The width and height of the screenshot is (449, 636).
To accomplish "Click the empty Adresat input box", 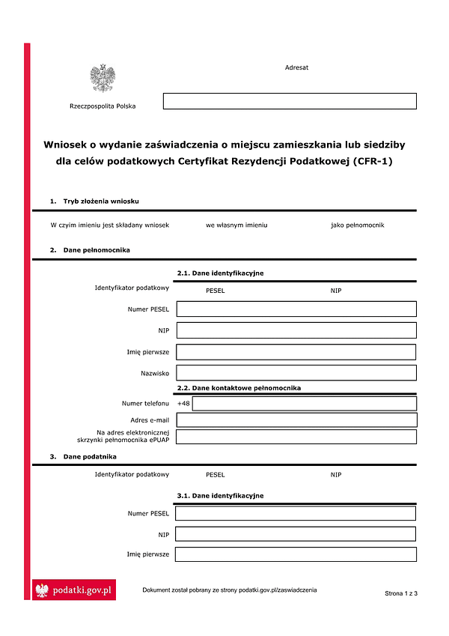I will coord(290,101).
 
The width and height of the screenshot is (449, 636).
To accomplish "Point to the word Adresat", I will coord(296,67).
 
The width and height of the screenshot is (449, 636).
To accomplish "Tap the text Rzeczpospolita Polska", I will coord(103,106).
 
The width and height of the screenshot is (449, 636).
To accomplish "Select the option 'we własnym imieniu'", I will coord(236,225).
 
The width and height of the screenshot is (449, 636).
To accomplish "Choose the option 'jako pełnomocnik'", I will coord(357,225).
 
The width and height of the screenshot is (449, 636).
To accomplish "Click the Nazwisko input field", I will coord(296,372).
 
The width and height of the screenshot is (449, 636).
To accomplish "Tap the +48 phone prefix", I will coord(184,404).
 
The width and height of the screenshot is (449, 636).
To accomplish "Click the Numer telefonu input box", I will coord(305,404).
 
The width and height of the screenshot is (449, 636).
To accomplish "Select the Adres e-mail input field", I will coord(296,420).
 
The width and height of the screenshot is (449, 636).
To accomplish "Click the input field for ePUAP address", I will coord(296,437).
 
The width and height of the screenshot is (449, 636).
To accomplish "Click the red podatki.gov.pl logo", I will coord(74,590).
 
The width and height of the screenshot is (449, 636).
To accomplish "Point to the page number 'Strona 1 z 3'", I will coord(401,593).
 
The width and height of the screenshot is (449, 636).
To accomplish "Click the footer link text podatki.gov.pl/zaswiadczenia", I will coord(278,590).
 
